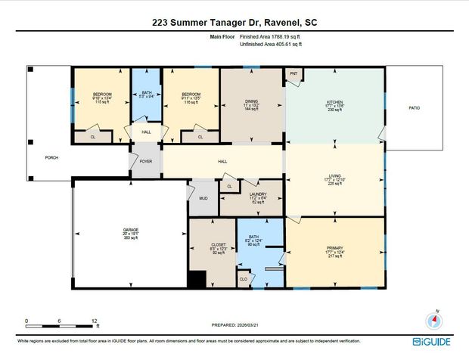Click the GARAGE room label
131,228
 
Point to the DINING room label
251,101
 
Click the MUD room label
203,198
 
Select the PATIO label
414,108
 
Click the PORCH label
51,157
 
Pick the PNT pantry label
294,74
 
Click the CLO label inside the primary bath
243,278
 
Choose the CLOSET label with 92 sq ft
208,245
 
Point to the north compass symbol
433,318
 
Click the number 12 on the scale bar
95,321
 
